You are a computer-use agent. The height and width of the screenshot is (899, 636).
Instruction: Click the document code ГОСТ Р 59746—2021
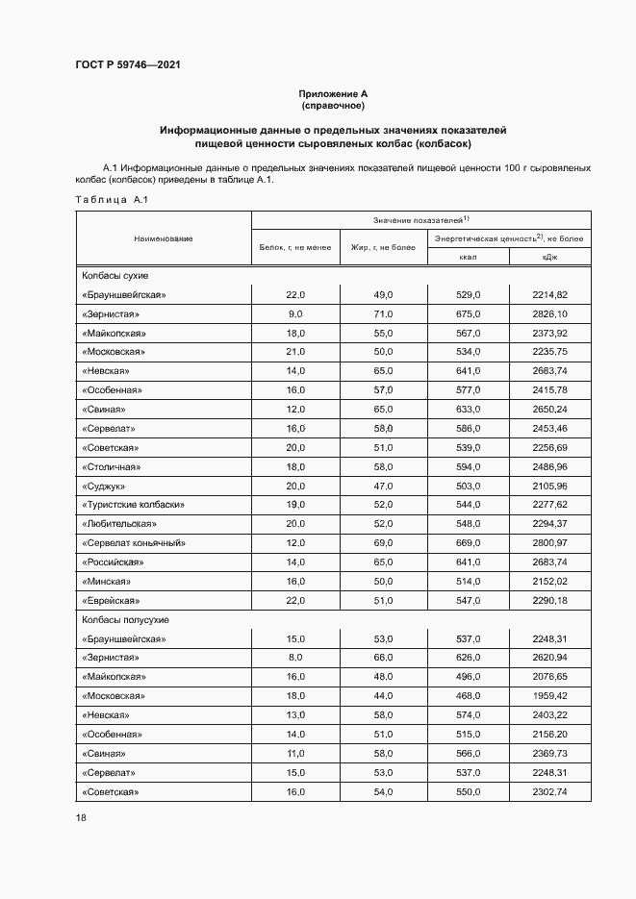click(128, 65)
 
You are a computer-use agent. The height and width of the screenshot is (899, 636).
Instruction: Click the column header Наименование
click(163, 237)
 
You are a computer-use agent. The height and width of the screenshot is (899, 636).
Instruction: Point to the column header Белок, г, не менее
click(295, 247)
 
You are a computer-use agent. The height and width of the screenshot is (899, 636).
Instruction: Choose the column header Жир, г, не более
click(383, 247)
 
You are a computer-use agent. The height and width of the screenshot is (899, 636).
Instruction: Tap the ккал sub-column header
click(468, 257)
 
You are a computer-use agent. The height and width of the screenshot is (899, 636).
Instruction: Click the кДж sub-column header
click(549, 257)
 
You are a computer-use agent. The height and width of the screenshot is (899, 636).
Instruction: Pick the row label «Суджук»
click(104, 486)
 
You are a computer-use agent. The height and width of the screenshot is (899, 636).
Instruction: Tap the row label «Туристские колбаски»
click(133, 505)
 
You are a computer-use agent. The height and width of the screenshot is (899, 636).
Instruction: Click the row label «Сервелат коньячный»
click(134, 543)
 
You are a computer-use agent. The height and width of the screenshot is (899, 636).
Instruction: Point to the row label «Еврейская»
click(112, 601)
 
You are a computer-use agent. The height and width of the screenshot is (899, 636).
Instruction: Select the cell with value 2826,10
click(549, 313)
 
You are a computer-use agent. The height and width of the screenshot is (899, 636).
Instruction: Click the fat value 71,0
click(383, 313)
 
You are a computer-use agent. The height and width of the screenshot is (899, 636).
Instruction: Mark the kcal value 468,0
click(468, 695)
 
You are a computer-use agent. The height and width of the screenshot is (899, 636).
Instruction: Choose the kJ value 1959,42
click(549, 695)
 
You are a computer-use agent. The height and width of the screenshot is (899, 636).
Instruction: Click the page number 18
click(81, 817)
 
